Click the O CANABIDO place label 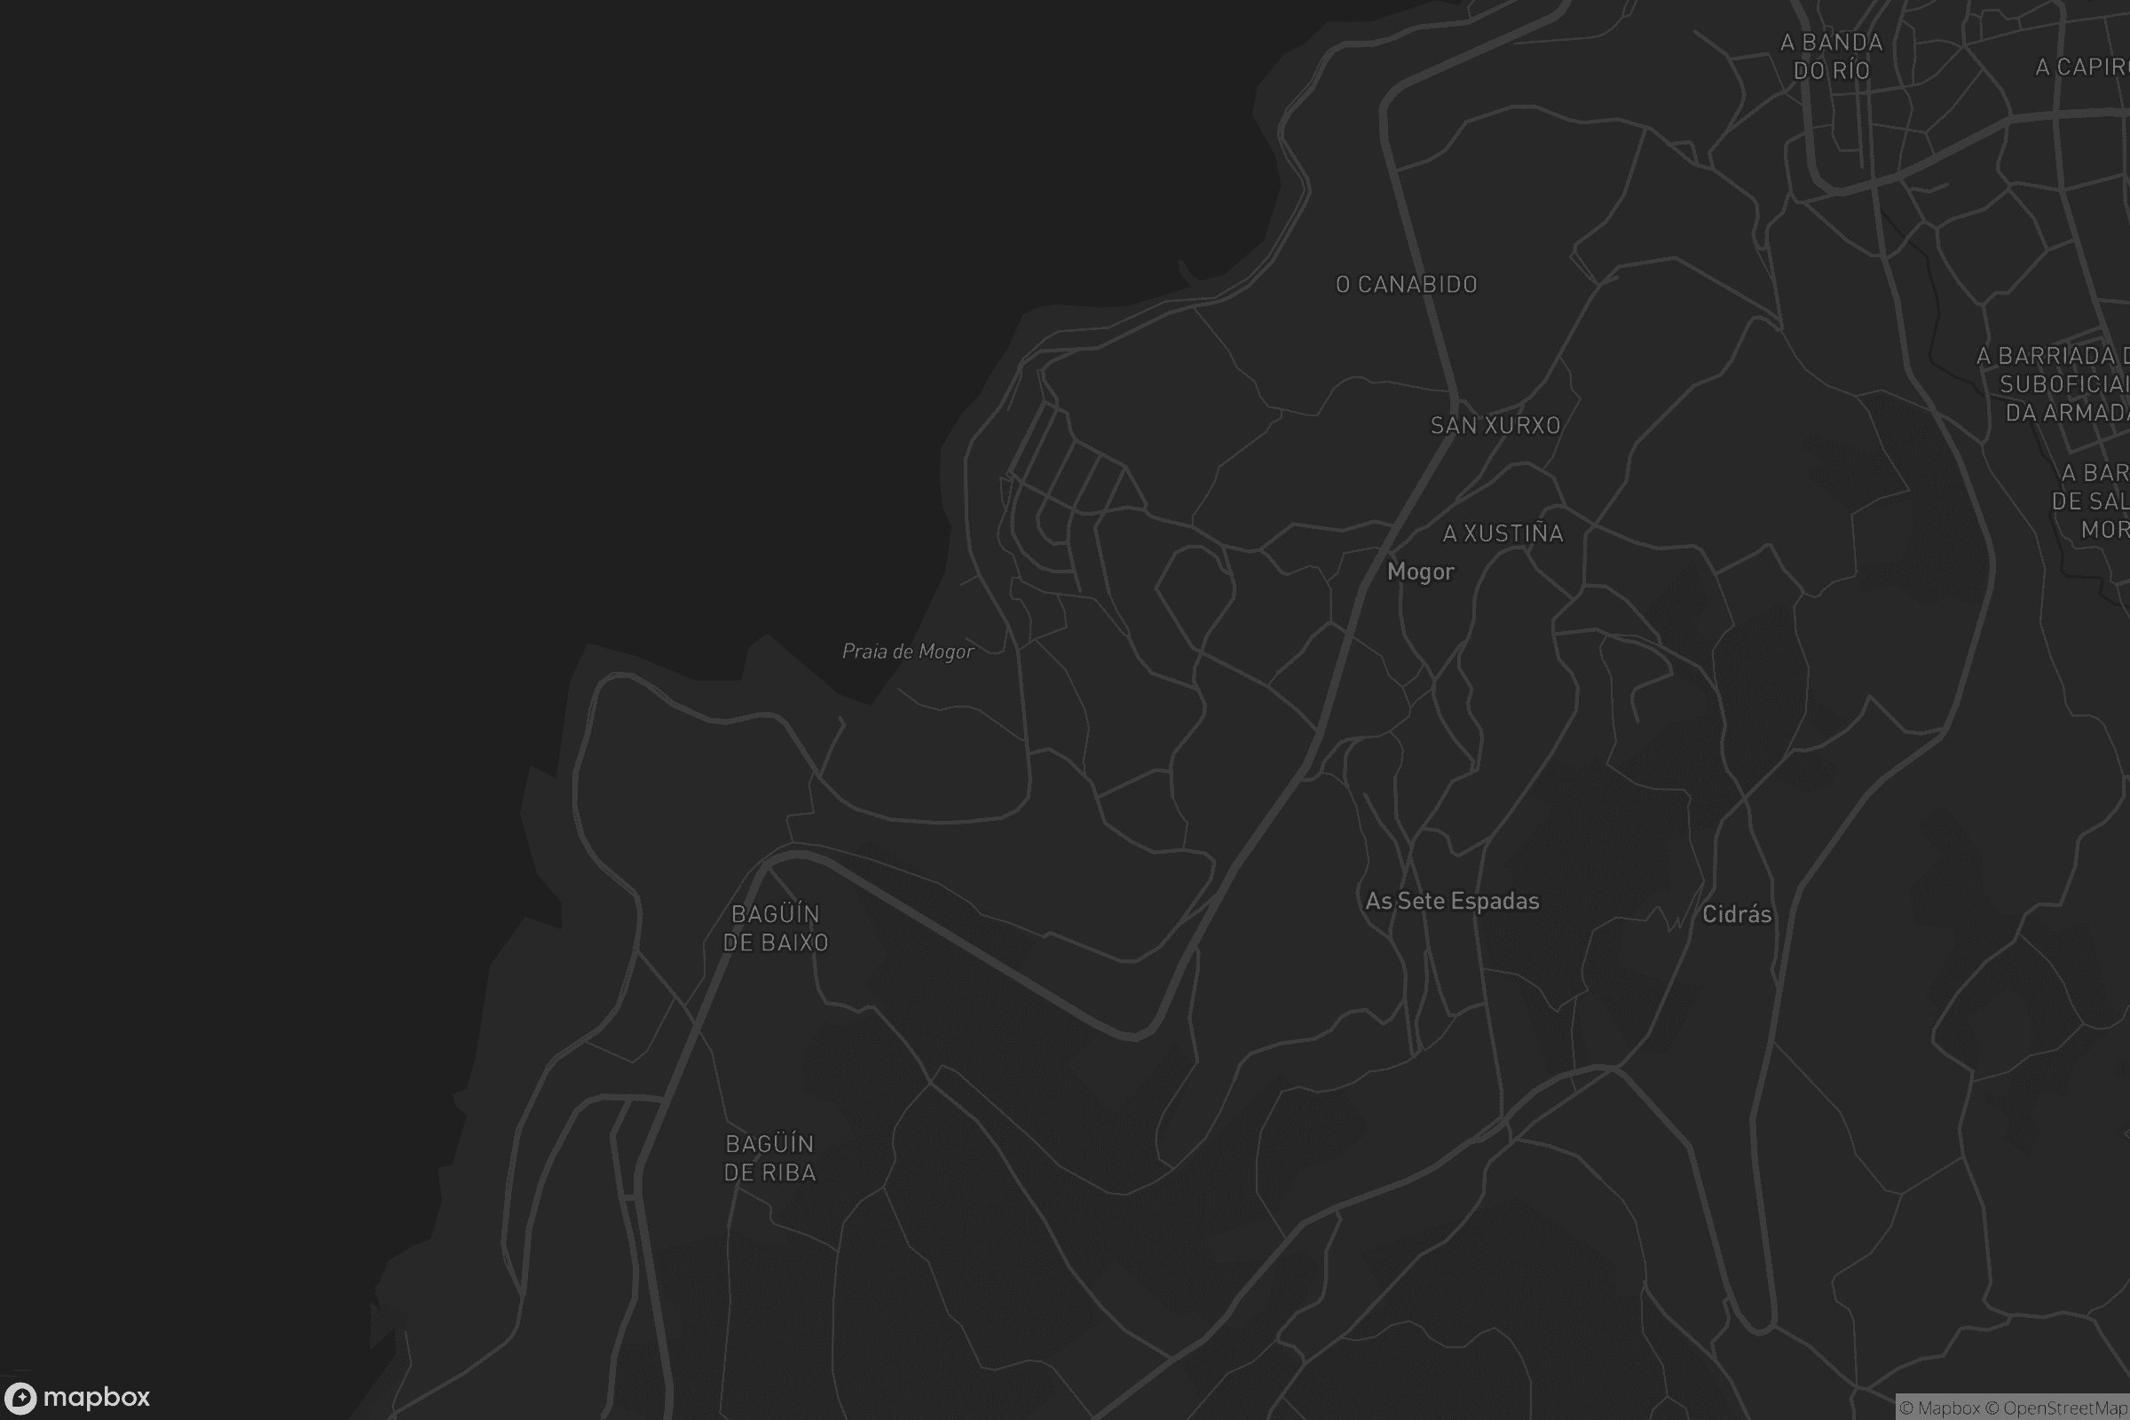point(1407,284)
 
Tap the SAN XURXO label point(1495,425)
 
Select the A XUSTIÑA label point(1503,533)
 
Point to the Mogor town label point(1420,572)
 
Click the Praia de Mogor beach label point(907,651)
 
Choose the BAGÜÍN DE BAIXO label point(775,928)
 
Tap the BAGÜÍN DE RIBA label point(769,1157)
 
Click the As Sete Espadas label point(1452,901)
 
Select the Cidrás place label point(1736,914)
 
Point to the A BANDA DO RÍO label point(1831,56)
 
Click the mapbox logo point(76,1397)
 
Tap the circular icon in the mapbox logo point(20,1399)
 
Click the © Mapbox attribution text point(1940,1408)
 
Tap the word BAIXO point(794,943)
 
